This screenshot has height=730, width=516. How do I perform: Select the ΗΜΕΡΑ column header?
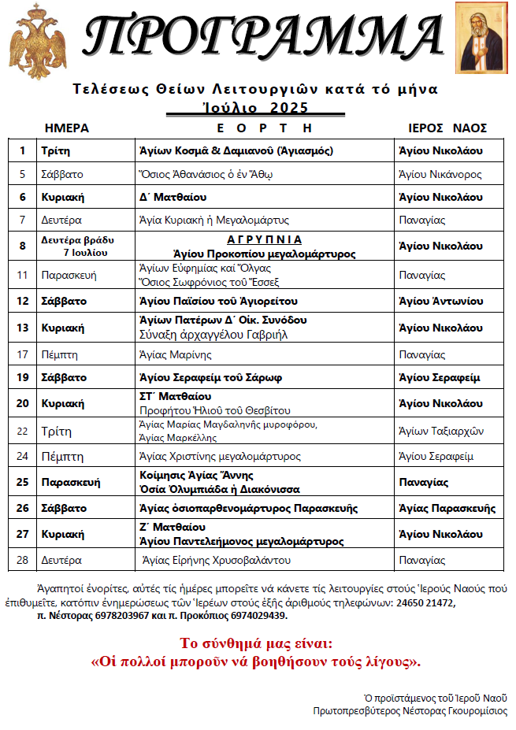[67, 128]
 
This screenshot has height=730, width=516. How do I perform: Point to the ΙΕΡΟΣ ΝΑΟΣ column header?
[447, 128]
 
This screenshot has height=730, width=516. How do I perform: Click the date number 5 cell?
[23, 174]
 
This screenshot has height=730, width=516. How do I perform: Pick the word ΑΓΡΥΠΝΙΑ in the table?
[265, 239]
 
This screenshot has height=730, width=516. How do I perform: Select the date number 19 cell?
[23, 377]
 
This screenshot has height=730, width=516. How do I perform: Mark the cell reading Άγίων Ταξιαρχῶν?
[441, 431]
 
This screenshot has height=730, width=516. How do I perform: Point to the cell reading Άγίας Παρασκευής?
[447, 508]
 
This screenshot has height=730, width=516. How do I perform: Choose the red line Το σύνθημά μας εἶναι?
[257, 643]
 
